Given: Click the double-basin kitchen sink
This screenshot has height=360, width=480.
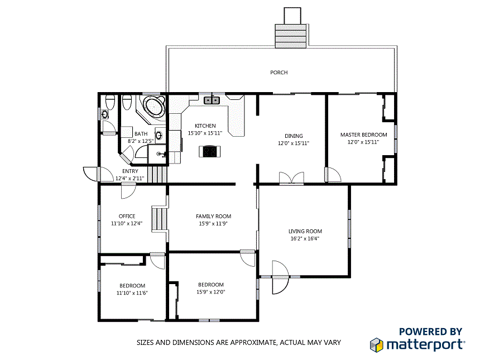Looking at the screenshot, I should [x=212, y=100].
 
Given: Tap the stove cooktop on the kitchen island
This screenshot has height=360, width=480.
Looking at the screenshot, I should [x=210, y=151].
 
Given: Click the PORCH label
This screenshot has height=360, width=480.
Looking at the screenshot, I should [x=279, y=73].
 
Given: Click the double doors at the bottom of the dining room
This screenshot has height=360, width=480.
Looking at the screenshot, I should [x=291, y=178].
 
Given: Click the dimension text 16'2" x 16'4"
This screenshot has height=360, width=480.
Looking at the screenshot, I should [x=305, y=238].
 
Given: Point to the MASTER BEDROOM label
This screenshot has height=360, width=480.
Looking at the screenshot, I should [x=363, y=135].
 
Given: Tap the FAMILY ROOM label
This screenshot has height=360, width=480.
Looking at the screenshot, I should [x=213, y=217].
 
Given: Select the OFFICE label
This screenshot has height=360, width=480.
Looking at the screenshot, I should [x=127, y=217].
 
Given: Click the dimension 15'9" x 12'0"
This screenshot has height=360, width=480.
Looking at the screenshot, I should [x=210, y=292].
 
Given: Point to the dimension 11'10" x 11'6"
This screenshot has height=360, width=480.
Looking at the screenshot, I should [x=132, y=292].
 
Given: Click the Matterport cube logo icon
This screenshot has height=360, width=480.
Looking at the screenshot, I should [x=377, y=344].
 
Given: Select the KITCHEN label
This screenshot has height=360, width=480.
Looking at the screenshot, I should [x=205, y=126].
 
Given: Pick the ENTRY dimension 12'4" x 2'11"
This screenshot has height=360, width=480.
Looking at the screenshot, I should [x=130, y=179].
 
